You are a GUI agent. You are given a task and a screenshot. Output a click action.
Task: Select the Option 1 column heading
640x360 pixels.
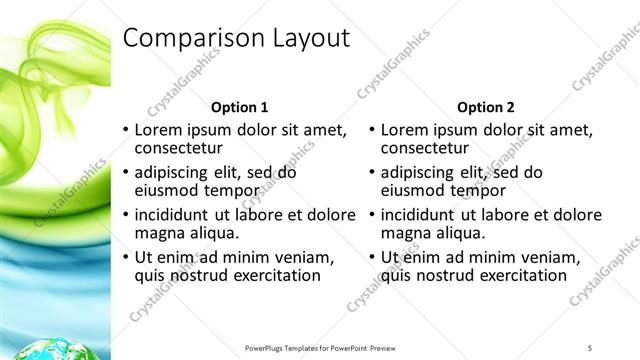[x=240, y=107]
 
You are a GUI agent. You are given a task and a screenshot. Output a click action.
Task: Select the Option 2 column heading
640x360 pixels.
[x=486, y=107]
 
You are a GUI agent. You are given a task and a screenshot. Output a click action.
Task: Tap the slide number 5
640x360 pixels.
[x=590, y=347]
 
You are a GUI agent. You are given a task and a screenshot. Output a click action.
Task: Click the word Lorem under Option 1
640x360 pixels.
[x=159, y=130]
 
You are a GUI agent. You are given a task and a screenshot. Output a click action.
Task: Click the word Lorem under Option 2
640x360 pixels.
[x=405, y=130]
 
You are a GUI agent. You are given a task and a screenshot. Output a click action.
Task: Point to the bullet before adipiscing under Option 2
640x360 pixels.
[x=371, y=173]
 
